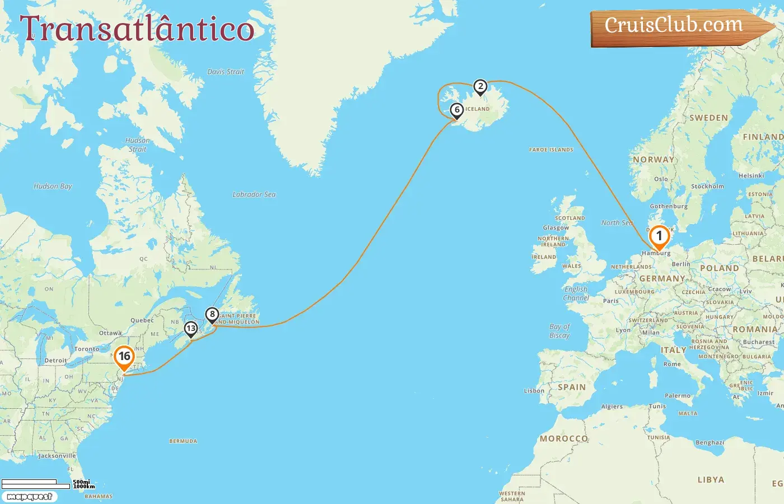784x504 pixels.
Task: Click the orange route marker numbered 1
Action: (659, 236)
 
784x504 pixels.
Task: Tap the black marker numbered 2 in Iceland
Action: (480, 87)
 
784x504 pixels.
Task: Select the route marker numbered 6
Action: (457, 110)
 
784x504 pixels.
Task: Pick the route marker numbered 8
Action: (212, 315)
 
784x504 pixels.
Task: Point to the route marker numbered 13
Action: (191, 329)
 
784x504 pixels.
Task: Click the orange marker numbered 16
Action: (124, 357)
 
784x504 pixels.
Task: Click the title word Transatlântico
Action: (137, 29)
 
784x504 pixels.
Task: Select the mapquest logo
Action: (29, 497)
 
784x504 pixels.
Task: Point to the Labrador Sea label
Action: (254, 194)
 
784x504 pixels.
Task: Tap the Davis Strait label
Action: (226, 72)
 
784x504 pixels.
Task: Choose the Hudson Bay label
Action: (53, 186)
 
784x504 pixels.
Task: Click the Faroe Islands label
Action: (551, 150)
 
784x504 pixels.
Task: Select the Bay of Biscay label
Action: (559, 330)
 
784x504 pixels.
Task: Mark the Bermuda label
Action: (183, 441)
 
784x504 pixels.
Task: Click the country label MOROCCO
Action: (564, 438)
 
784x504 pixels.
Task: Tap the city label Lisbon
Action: (534, 391)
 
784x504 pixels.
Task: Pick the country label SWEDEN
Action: (708, 118)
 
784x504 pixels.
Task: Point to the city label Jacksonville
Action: (57, 456)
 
